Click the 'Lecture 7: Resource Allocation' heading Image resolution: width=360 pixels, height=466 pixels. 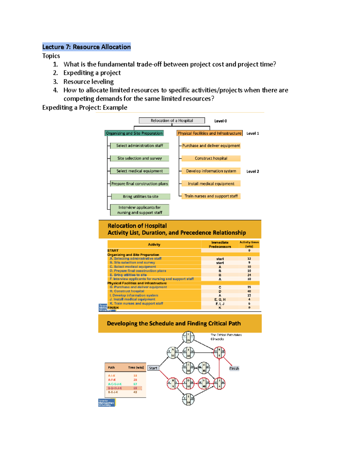(x=86, y=47)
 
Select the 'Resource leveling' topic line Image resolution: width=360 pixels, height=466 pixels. (x=88, y=82)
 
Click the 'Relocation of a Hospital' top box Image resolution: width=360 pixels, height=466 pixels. (x=172, y=121)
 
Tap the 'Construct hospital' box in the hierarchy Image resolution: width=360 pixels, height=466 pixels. (x=211, y=158)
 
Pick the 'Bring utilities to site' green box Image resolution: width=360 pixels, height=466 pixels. (x=140, y=197)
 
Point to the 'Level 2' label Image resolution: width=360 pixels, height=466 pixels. (x=253, y=171)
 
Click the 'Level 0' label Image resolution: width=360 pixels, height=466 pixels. (x=220, y=121)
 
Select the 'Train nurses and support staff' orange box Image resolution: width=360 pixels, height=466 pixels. (x=211, y=196)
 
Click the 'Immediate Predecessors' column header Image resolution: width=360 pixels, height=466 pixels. (x=220, y=245)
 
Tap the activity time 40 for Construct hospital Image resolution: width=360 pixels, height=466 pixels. (x=249, y=291)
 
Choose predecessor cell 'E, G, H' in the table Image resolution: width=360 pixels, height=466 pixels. (x=220, y=299)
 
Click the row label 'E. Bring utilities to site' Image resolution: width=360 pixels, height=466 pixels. (x=128, y=275)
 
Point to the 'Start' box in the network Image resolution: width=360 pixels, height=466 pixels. (x=153, y=368)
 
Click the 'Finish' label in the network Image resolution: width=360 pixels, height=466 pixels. (x=234, y=368)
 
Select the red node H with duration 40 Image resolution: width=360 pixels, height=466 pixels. (x=204, y=383)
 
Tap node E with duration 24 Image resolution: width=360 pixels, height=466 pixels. (x=188, y=399)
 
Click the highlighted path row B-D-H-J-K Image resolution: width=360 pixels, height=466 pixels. (x=124, y=388)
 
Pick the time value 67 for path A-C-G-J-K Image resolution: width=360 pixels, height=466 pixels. (x=135, y=384)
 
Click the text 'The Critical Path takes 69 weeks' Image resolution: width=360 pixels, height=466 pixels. (x=226, y=337)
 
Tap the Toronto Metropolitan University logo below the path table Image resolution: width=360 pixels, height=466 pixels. (x=106, y=403)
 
